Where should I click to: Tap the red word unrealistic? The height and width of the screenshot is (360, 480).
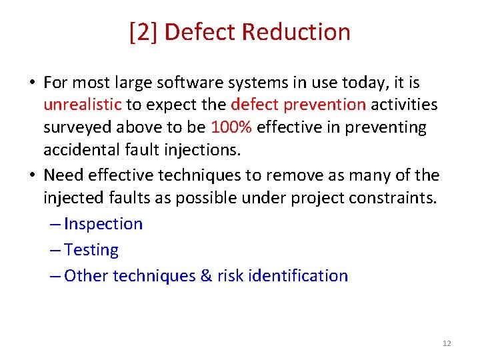pyautogui.click(x=83, y=105)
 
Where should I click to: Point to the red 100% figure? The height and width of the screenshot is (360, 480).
pyautogui.click(x=231, y=127)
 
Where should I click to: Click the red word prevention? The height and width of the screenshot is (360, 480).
pyautogui.click(x=333, y=105)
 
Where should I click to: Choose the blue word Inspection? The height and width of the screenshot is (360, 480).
pyautogui.click(x=103, y=224)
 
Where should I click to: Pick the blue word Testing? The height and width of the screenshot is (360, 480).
pyautogui.click(x=91, y=250)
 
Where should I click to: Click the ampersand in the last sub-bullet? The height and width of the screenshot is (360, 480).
pyautogui.click(x=206, y=276)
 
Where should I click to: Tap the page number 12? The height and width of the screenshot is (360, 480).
pyautogui.click(x=446, y=343)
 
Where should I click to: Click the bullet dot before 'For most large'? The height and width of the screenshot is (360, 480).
pyautogui.click(x=31, y=83)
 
